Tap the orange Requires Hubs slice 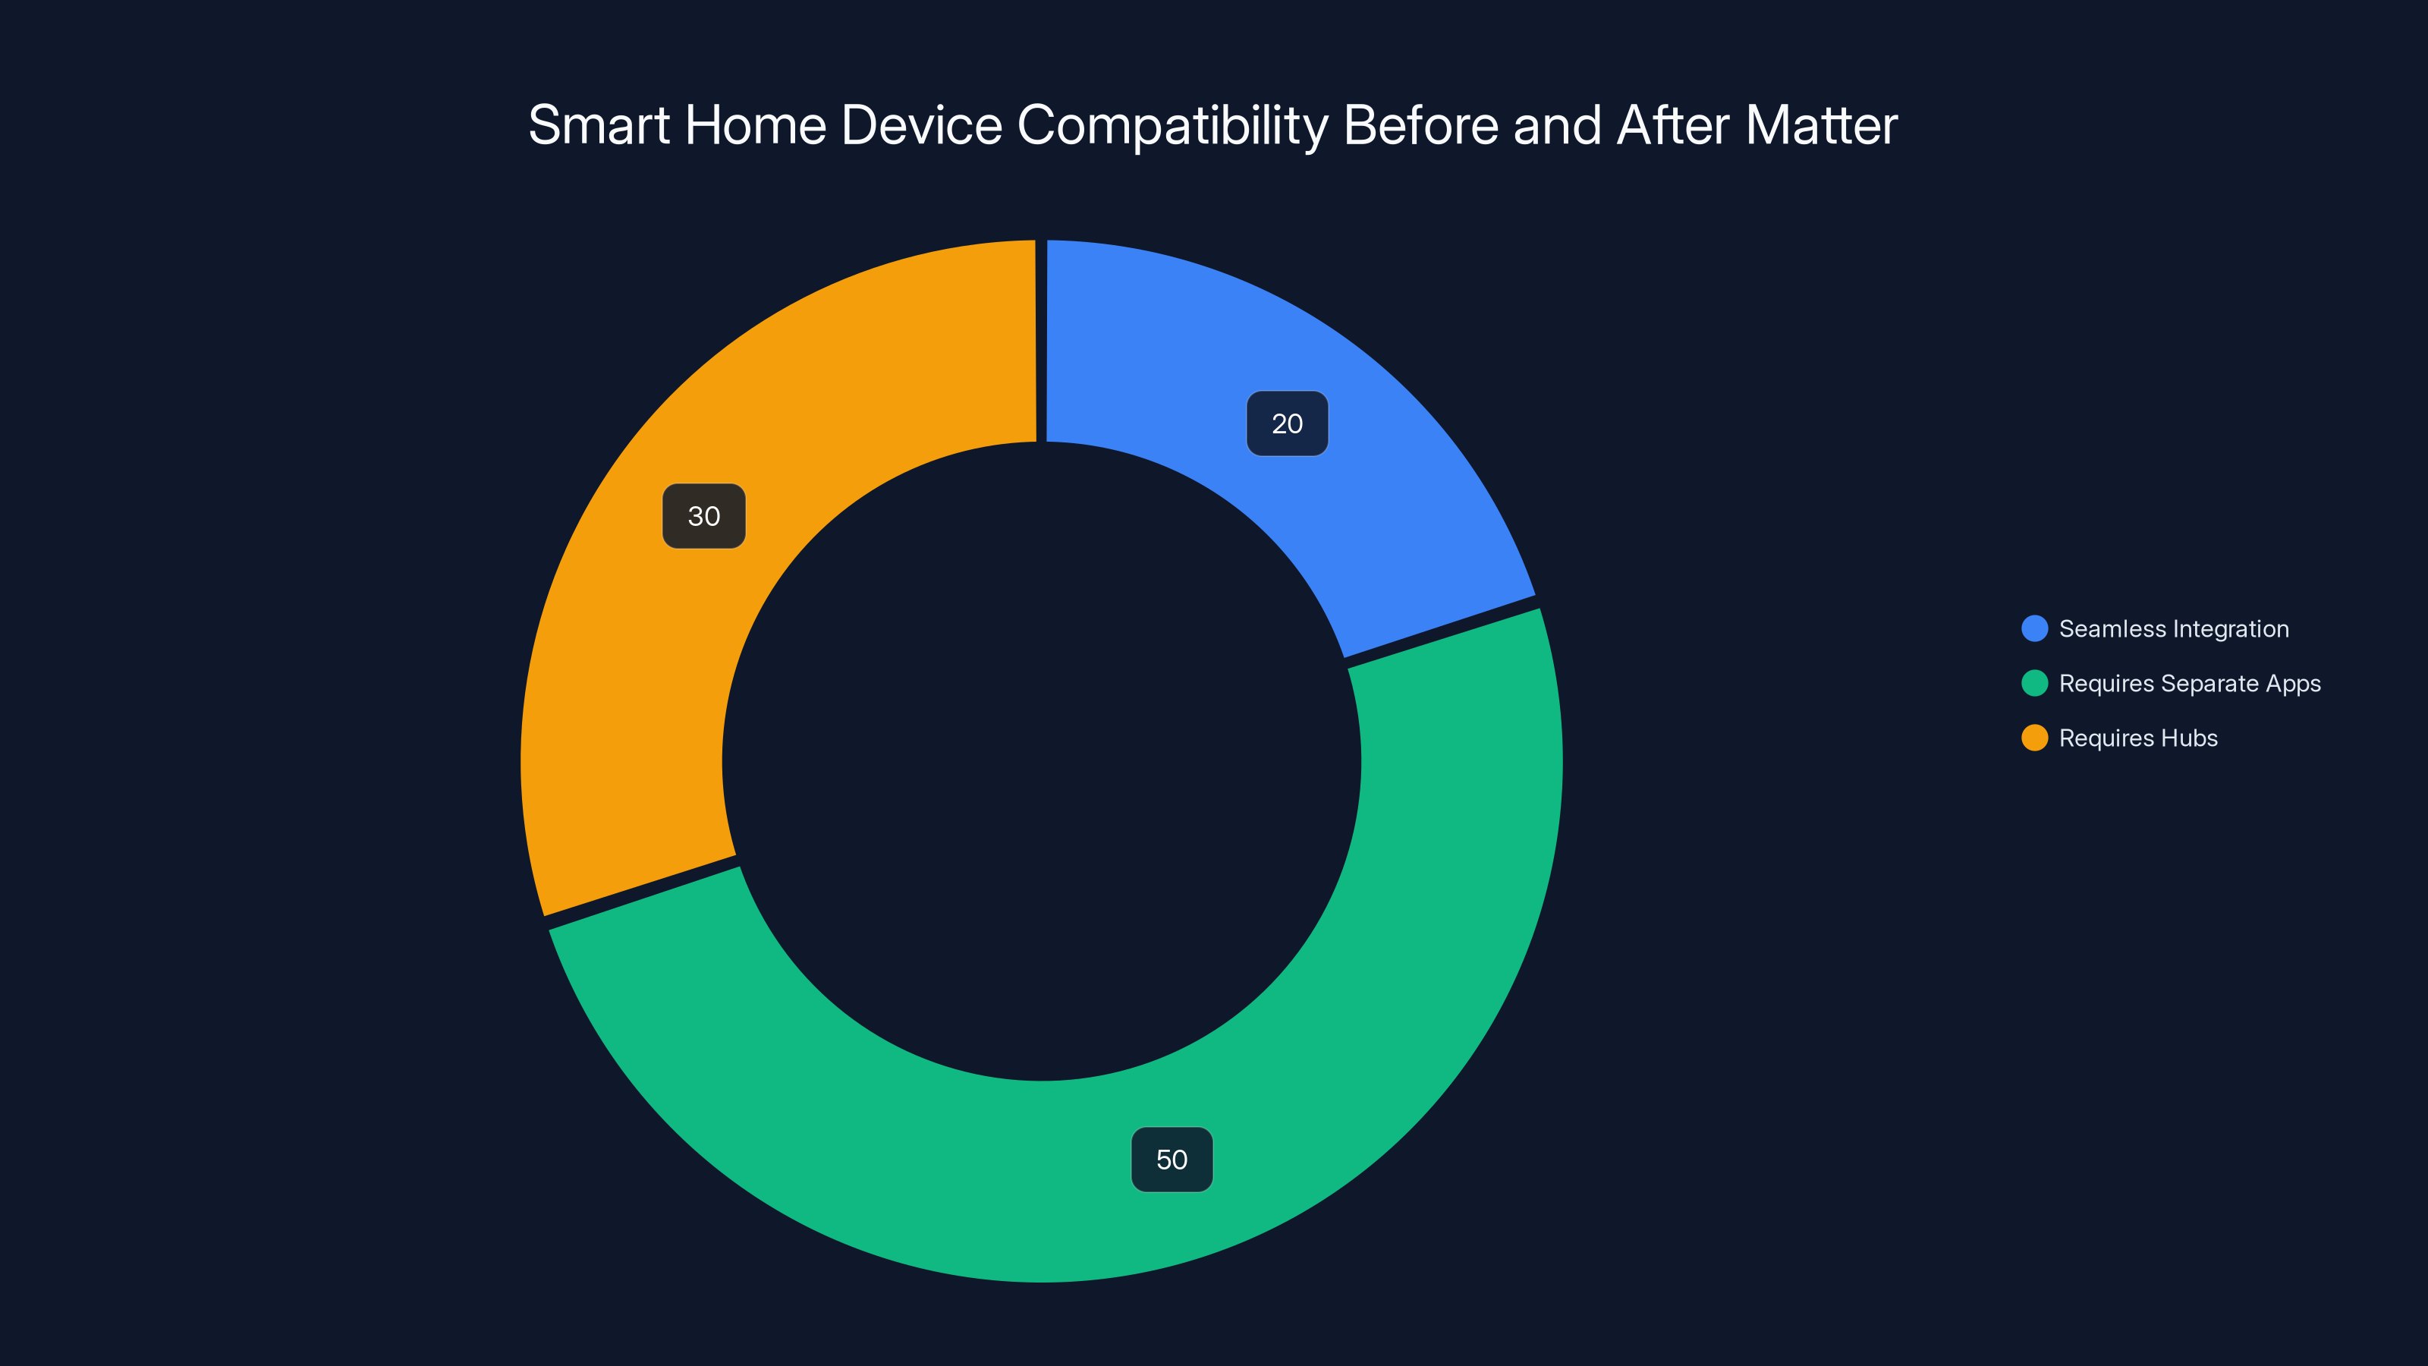tap(660, 660)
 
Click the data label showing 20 tap(1287, 424)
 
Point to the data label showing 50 tap(1172, 1160)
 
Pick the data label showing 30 tap(704, 517)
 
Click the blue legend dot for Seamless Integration tap(2034, 629)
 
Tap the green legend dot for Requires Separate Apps tap(2034, 684)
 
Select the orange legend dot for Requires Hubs tap(2034, 738)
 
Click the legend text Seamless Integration tap(2174, 629)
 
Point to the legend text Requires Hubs tap(2137, 738)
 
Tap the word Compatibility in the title tap(1172, 125)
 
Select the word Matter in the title tap(1821, 125)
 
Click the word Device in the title tap(921, 125)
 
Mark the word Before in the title tap(1420, 125)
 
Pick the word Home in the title tap(755, 125)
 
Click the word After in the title tap(1673, 125)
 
